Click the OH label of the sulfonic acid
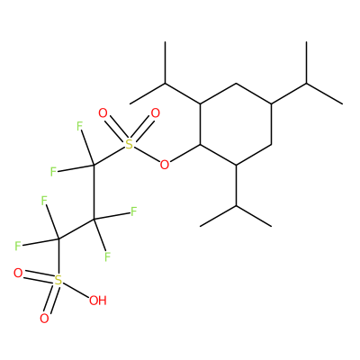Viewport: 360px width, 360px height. click(x=98, y=301)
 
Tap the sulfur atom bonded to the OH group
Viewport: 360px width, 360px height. click(x=58, y=281)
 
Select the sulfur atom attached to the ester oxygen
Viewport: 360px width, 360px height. click(x=129, y=145)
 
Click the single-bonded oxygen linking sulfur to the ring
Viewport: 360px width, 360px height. click(x=165, y=165)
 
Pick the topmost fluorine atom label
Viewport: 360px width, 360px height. click(x=79, y=126)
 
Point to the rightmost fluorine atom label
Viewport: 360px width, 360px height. click(x=133, y=211)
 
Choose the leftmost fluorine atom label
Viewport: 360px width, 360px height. click(x=18, y=247)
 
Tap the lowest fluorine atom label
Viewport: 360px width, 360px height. click(x=107, y=256)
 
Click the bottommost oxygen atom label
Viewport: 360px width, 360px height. click(x=44, y=319)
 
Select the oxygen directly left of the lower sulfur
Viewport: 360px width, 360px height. click(x=18, y=274)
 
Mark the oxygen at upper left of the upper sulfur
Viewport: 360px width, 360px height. click(x=103, y=113)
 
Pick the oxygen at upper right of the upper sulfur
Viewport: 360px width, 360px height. click(x=155, y=113)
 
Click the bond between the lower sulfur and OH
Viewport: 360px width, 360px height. click(x=76, y=290)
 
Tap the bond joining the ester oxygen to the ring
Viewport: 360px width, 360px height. click(x=184, y=154)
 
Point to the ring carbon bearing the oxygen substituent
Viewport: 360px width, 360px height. click(x=201, y=145)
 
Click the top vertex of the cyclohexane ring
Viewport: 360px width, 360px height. click(x=236, y=83)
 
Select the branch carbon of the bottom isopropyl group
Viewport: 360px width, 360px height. click(x=236, y=206)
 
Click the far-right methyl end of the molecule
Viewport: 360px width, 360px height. click(x=342, y=104)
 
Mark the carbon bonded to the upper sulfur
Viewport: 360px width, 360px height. click(x=94, y=166)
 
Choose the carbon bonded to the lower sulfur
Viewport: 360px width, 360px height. click(x=58, y=239)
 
